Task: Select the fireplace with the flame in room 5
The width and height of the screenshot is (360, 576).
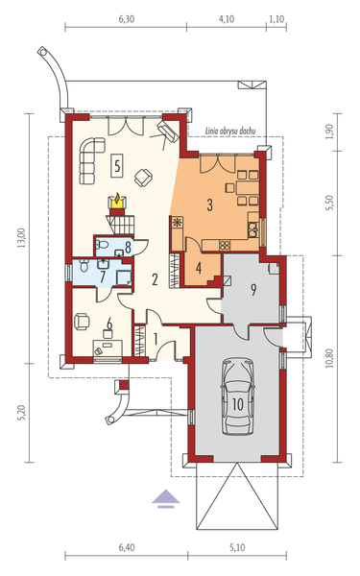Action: point(118,202)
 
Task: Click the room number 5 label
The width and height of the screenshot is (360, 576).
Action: point(116,165)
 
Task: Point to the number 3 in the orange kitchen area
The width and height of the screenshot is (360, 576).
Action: point(208,204)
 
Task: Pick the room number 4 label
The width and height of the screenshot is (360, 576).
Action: point(198,267)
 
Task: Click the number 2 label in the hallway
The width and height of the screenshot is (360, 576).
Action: point(153,279)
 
